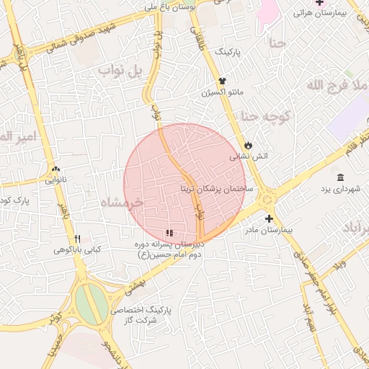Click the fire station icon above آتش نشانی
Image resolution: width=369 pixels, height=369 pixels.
[x=249, y=144]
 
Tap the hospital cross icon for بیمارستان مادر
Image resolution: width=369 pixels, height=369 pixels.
[x=269, y=218]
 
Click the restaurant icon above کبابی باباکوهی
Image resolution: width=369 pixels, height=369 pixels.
[x=77, y=239]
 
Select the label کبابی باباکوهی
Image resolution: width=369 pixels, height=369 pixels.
[x=77, y=251]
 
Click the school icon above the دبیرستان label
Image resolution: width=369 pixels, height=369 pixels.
[x=169, y=233]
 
